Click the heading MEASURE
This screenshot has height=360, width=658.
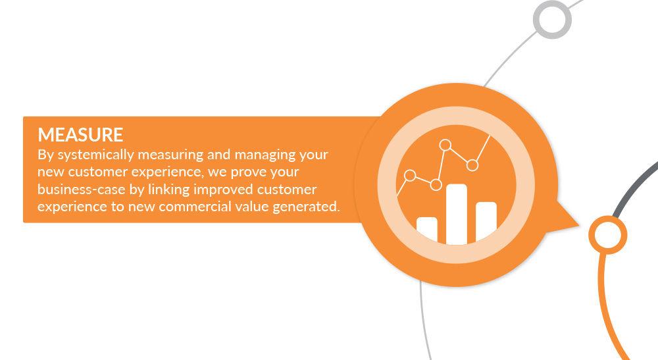point(80,135)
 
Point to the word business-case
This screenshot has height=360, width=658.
point(82,190)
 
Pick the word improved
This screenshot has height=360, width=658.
point(223,190)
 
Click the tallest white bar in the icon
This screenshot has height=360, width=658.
point(457,214)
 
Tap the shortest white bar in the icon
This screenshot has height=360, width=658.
point(427,229)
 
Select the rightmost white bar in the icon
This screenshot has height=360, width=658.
point(486,222)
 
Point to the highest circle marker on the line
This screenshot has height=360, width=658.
point(445,145)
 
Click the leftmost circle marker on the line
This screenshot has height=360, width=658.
point(410,175)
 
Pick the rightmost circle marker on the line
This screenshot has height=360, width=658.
point(472,165)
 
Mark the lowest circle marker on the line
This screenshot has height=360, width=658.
point(436,185)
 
